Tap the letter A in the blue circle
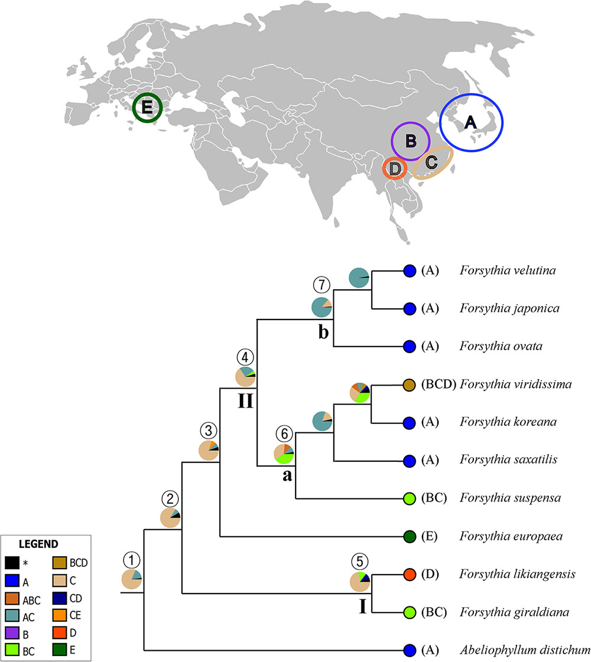tap(470, 122)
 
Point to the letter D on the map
tap(395, 169)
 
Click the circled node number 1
tap(131, 559)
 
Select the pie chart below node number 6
tap(284, 454)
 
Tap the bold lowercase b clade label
tap(323, 333)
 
